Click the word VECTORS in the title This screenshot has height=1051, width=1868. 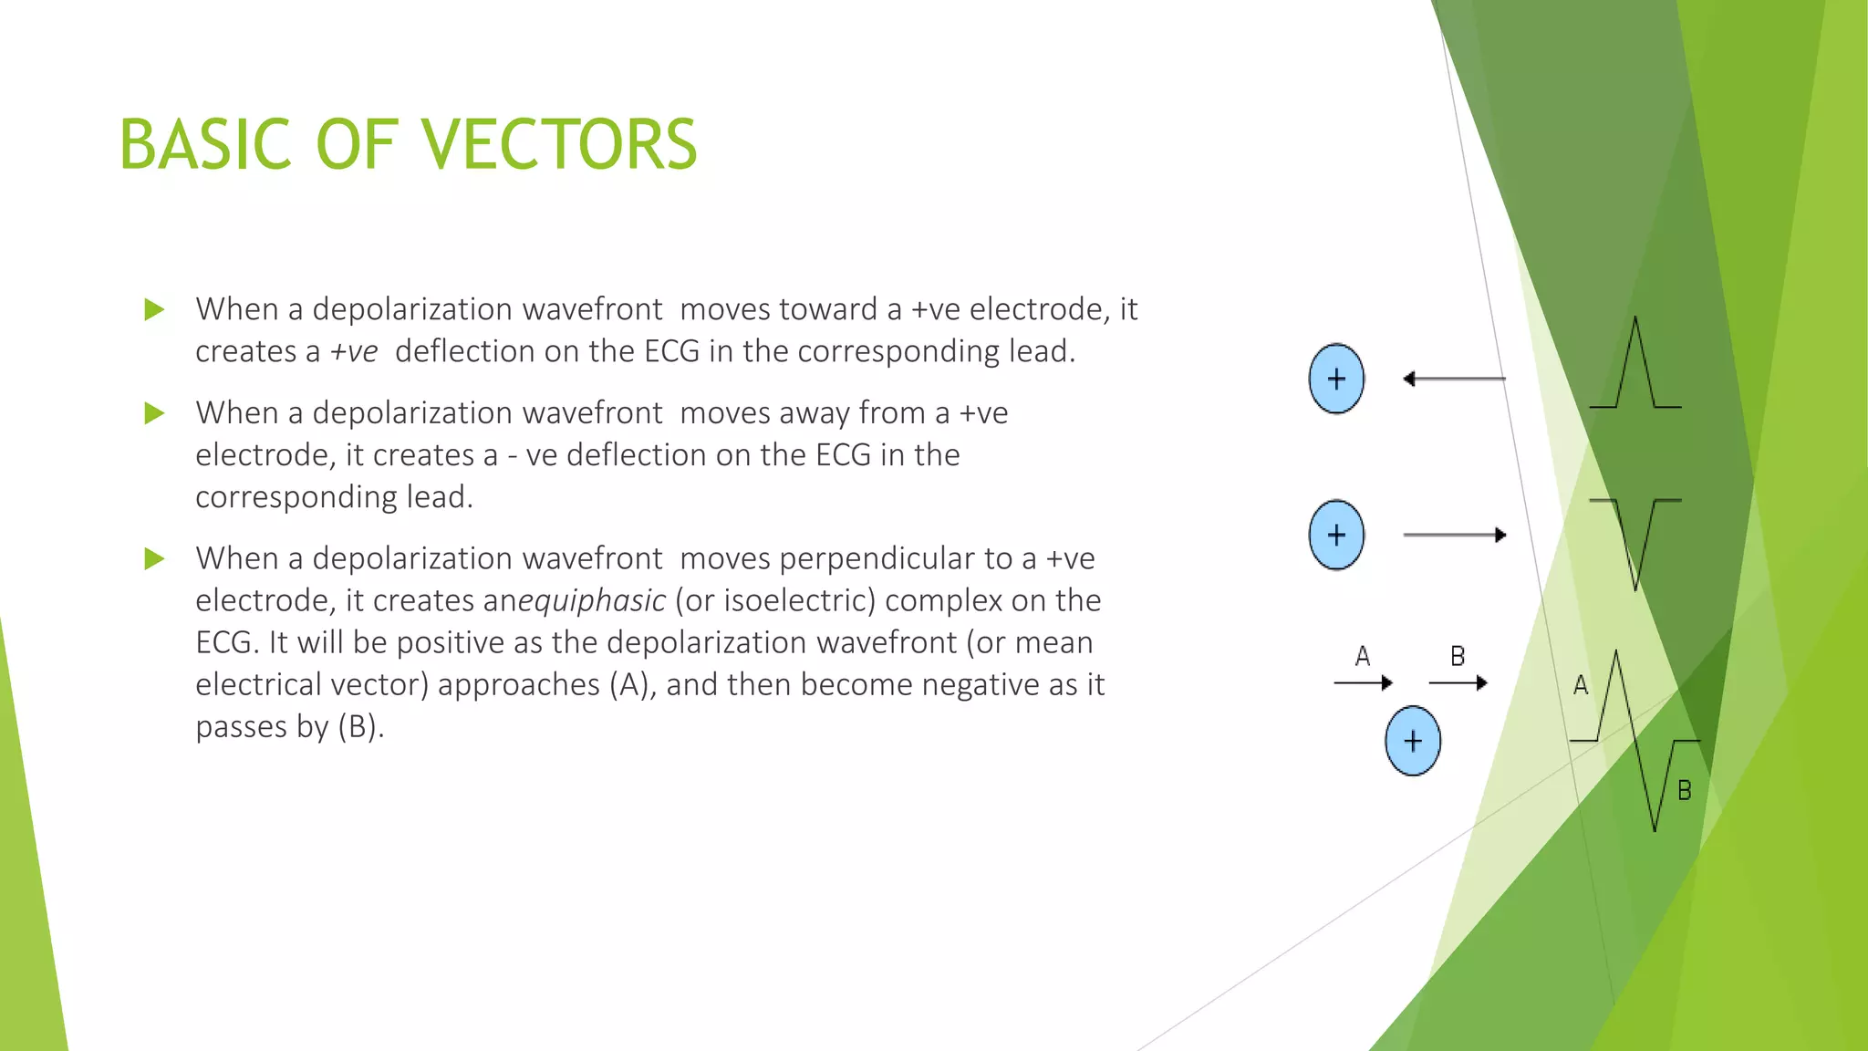(558, 145)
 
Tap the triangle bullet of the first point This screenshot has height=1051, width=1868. (154, 310)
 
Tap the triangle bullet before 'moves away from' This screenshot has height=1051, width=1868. (154, 414)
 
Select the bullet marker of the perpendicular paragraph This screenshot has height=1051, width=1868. (154, 559)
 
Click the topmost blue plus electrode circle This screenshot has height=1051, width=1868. (1336, 379)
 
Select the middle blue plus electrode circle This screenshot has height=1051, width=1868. (1336, 535)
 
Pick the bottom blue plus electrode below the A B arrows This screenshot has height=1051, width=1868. (1412, 741)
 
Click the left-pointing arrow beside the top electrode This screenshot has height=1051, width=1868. (1454, 379)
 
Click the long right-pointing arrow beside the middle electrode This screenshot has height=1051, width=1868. (1454, 535)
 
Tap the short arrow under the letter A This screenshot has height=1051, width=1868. (1363, 682)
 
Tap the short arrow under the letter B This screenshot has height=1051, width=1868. (1458, 682)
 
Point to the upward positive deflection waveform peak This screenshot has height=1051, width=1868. (1634, 321)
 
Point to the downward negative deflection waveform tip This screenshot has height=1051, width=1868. (1635, 586)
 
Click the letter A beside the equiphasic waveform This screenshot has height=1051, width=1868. (1581, 686)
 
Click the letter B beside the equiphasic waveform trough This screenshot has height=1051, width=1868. (1685, 791)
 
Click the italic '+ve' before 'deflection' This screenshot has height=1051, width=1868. (354, 352)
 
